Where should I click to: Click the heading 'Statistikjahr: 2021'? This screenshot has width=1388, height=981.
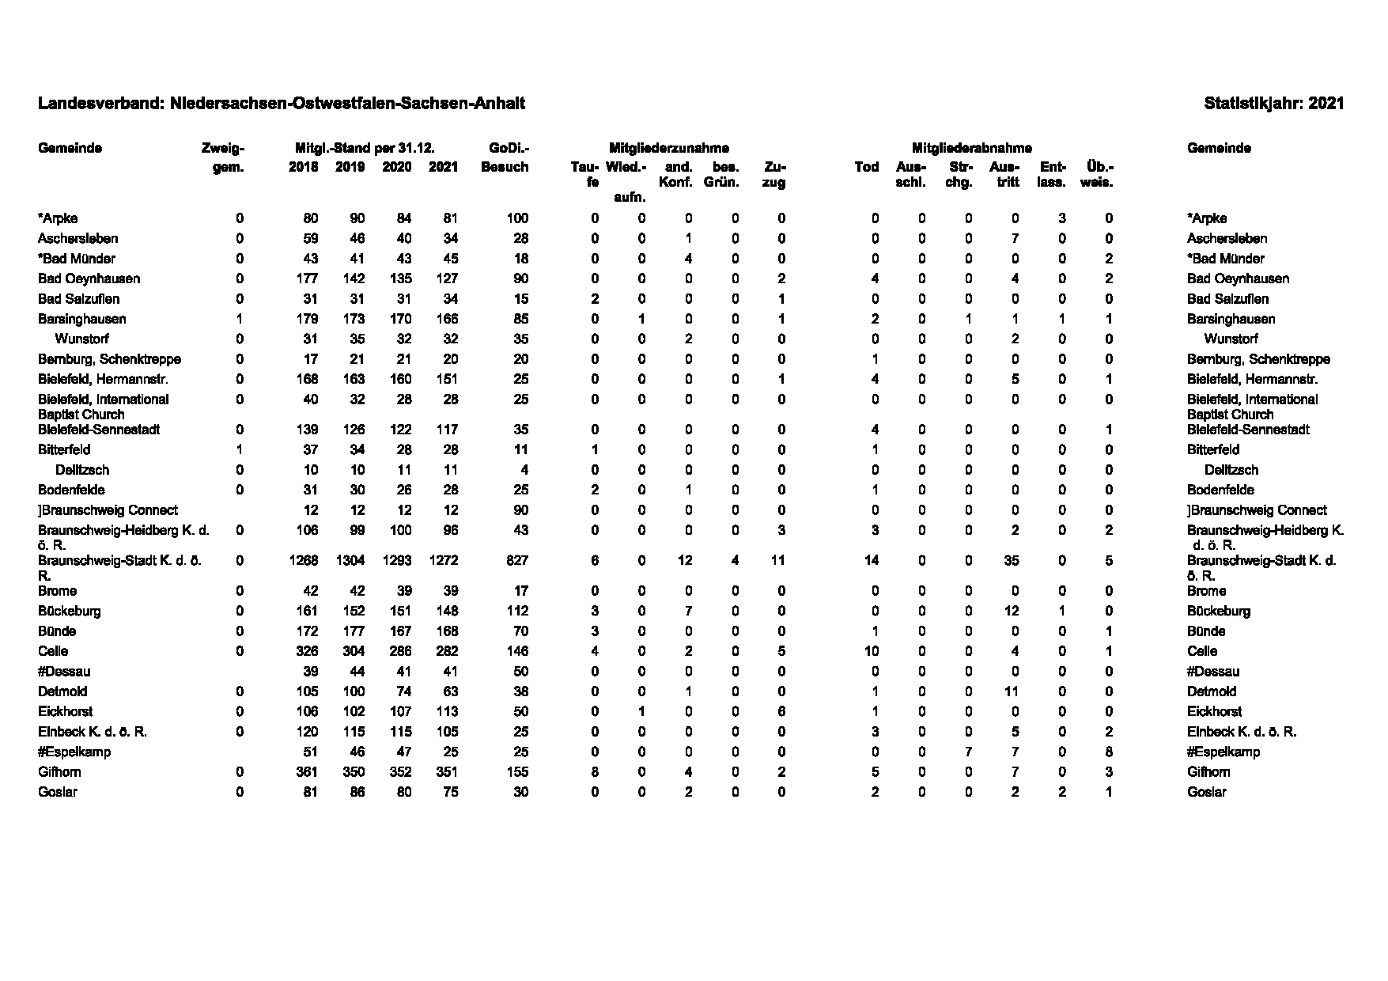click(1273, 104)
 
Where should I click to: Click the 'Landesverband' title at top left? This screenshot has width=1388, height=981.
click(281, 104)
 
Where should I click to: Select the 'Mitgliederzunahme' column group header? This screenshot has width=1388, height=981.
click(668, 148)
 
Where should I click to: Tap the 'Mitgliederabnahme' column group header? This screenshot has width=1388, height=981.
click(971, 148)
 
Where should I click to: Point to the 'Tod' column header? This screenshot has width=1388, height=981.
click(867, 167)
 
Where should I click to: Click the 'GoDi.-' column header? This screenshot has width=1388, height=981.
click(509, 148)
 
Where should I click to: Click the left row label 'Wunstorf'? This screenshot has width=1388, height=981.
click(81, 339)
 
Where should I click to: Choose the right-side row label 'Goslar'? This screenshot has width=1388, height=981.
click(1206, 792)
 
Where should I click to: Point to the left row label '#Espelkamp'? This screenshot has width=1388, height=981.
click(74, 752)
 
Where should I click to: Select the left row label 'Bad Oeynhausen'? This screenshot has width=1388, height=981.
click(89, 278)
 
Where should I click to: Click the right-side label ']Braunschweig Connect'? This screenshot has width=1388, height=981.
click(1257, 510)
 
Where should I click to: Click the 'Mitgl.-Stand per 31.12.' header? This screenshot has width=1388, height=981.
click(365, 148)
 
